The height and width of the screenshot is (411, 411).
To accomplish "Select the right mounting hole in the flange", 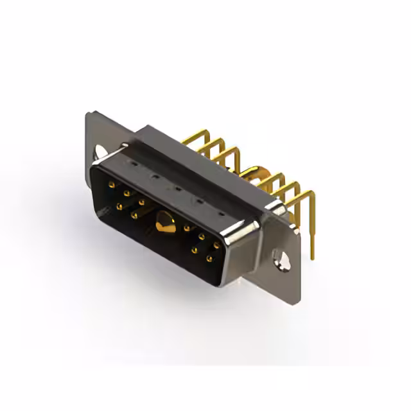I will (x=280, y=259).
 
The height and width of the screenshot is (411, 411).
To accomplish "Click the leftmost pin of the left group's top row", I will (x=112, y=184).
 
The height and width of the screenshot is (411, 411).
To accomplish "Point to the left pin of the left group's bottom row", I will (x=119, y=206).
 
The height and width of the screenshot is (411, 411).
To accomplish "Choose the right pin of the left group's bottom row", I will (x=134, y=215).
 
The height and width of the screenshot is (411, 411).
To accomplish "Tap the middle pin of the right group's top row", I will (x=201, y=236).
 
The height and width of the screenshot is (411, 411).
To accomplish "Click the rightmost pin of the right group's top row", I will (x=216, y=245).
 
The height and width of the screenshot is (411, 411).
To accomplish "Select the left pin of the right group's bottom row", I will (x=194, y=250).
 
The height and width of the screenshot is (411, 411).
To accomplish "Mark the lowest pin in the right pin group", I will (x=209, y=259).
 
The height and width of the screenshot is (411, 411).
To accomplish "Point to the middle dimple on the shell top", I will (x=177, y=189).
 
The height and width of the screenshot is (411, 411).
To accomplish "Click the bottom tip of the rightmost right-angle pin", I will (x=312, y=258).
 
